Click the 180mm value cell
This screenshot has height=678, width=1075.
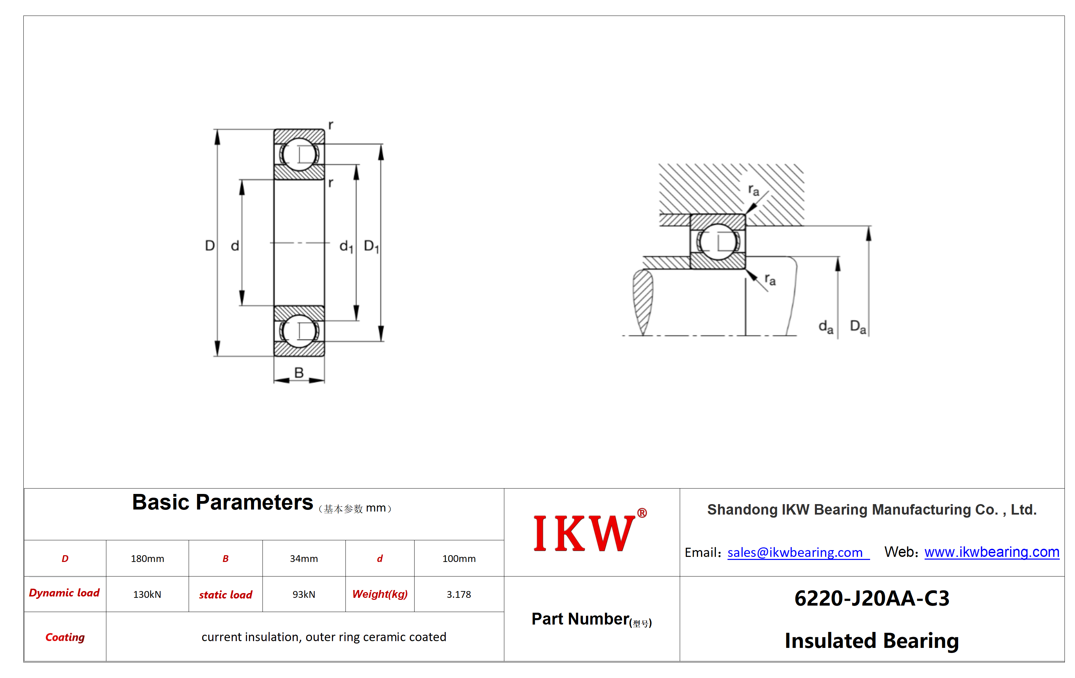tap(147, 559)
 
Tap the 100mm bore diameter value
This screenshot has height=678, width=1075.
tap(459, 559)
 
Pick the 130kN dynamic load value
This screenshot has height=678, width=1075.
tap(147, 594)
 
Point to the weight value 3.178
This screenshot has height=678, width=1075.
tap(459, 594)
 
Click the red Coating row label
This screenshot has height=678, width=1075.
tap(65, 637)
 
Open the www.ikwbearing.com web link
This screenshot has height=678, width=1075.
tap(992, 552)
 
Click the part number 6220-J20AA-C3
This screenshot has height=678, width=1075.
tap(872, 598)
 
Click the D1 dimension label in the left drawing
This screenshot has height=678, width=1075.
tap(372, 246)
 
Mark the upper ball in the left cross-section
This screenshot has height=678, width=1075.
tap(299, 154)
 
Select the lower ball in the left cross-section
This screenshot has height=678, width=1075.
tap(299, 331)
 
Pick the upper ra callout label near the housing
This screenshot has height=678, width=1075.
tap(754, 190)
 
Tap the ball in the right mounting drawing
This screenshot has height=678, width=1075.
tap(718, 242)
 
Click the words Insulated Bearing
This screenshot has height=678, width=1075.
tap(872, 640)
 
